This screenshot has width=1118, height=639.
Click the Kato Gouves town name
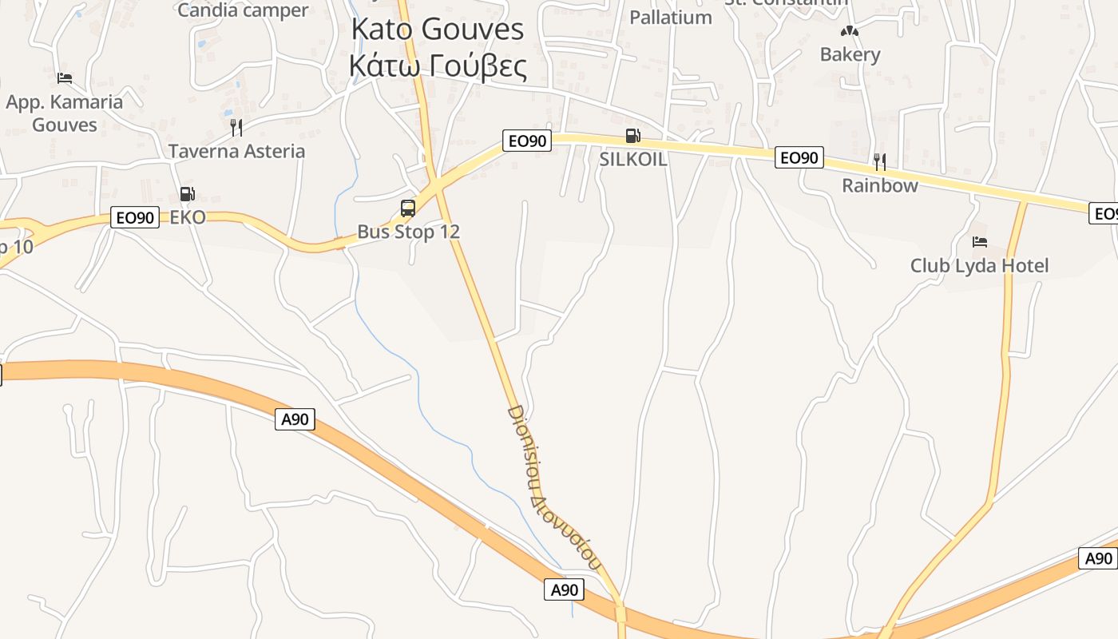coord(438,29)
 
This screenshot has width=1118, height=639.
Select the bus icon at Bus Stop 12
coord(408,208)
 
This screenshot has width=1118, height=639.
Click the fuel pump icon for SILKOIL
coord(632,136)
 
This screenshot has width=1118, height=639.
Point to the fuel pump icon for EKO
coord(187,193)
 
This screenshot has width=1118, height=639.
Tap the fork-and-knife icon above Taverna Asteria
coord(236,128)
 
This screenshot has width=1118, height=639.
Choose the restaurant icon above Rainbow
coord(879,162)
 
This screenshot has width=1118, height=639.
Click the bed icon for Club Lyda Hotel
coord(980,241)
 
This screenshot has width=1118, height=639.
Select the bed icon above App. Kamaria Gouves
coord(65,77)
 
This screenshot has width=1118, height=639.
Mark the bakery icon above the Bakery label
coord(850,32)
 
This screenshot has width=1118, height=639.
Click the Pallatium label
coord(671,17)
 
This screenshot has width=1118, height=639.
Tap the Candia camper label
coord(243,10)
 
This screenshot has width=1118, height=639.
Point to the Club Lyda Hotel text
coord(980,265)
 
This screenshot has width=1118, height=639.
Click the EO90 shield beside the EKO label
coord(135,217)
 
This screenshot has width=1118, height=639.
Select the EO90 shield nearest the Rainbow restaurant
coord(799,158)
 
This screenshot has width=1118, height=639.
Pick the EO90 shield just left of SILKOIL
coord(526,141)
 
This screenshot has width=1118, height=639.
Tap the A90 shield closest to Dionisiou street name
coord(564,590)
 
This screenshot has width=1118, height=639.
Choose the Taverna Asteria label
coord(236,151)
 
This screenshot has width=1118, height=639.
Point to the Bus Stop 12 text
coord(408,232)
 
